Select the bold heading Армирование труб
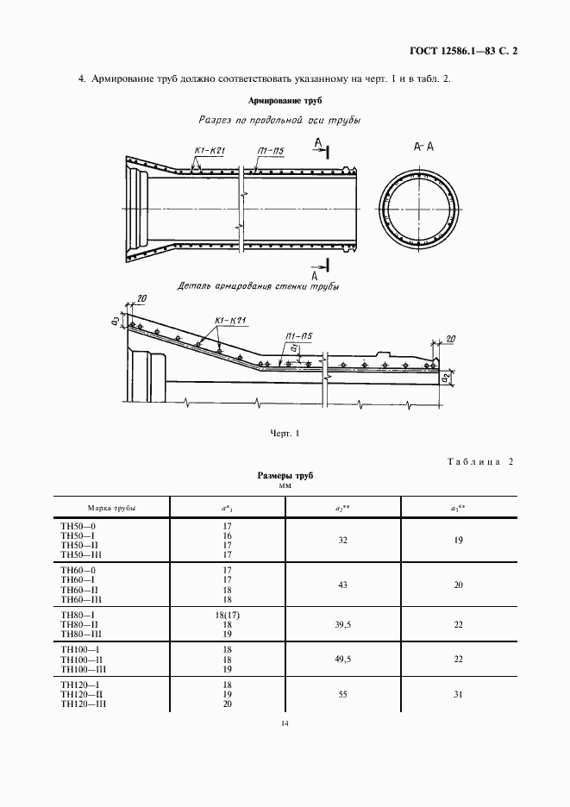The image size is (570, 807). click(285, 101)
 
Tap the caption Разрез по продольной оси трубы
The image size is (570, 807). click(279, 121)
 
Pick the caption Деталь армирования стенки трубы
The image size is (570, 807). click(257, 285)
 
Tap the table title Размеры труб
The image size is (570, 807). click(285, 476)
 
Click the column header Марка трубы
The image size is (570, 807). click(112, 508)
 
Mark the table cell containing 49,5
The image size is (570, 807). click(344, 659)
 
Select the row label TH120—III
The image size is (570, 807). click(83, 704)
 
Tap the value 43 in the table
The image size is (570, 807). click(343, 585)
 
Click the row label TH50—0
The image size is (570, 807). click(78, 524)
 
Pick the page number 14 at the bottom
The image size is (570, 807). click(285, 747)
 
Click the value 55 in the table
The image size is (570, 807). click(343, 694)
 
